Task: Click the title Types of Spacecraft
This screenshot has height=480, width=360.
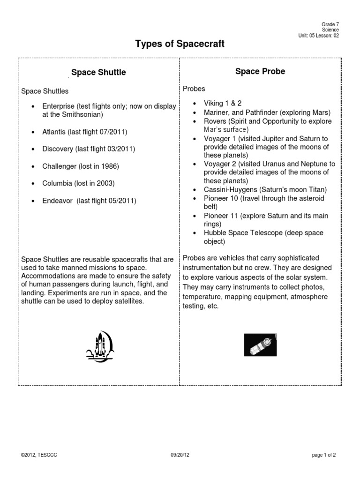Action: pos(180,44)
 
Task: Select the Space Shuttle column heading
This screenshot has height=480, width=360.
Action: pos(98,73)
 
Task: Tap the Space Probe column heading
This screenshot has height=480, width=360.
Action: pos(260,71)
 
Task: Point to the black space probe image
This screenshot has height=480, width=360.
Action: pos(261,345)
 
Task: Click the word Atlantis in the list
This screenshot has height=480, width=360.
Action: pos(54,132)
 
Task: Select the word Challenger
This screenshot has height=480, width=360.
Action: pos(59,166)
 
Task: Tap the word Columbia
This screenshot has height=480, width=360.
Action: pos(57,183)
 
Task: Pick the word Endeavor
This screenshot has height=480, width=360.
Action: pos(58,201)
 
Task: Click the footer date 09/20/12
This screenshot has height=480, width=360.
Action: pos(180,455)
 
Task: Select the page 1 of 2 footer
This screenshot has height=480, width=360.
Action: pos(323,455)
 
